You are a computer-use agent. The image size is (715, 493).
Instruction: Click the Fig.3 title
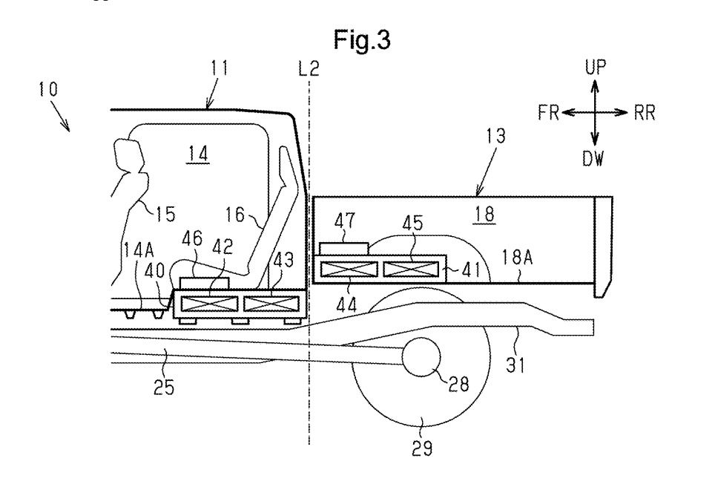[x=362, y=39]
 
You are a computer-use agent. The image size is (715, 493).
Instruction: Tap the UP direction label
[x=596, y=67]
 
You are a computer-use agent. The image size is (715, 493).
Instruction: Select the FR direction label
[x=549, y=112]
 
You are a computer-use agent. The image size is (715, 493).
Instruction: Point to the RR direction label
[x=645, y=113]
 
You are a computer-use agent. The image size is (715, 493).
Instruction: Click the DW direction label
[x=593, y=158]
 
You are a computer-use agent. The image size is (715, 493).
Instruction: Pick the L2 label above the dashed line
[x=309, y=69]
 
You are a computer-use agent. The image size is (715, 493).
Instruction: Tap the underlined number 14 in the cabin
[x=198, y=154]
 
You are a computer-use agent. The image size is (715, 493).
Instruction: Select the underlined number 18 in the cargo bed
[x=484, y=214]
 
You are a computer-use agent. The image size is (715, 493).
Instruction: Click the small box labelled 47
[x=344, y=249]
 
